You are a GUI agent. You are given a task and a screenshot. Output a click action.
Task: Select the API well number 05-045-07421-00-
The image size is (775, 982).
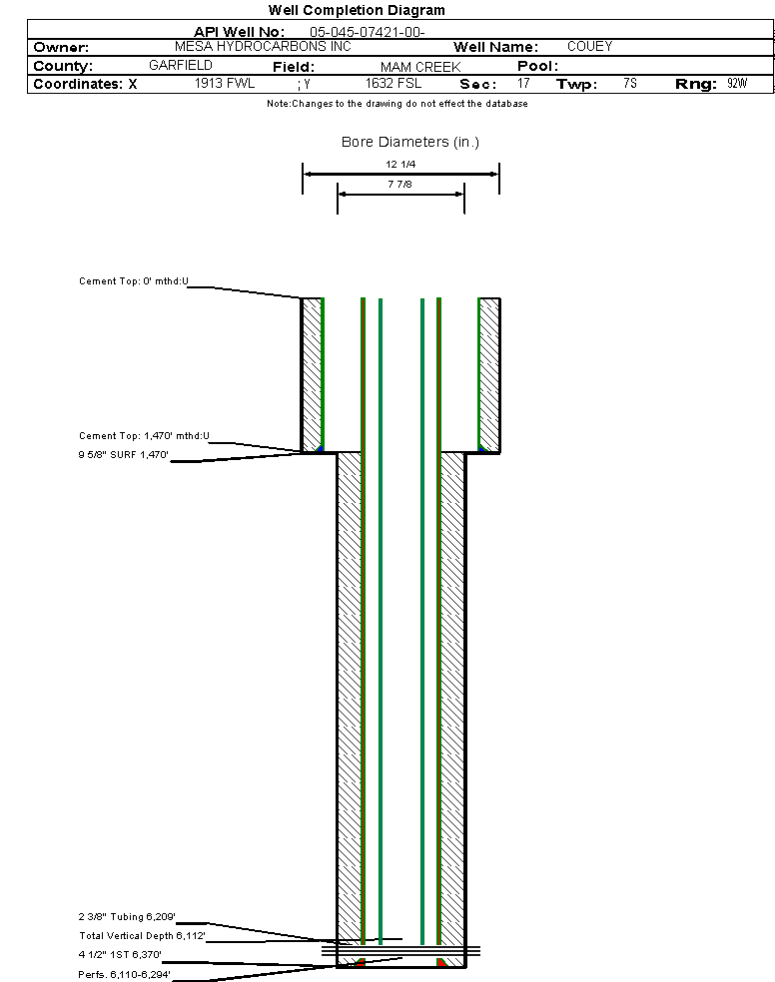point(368,32)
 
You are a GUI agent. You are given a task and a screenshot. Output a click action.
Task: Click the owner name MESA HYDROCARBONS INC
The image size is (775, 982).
point(263,47)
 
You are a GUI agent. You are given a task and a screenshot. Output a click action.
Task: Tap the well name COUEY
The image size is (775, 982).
point(589,47)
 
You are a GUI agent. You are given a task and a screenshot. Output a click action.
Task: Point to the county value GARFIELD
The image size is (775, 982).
point(181,65)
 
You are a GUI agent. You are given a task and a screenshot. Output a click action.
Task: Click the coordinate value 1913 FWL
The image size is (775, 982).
point(225,84)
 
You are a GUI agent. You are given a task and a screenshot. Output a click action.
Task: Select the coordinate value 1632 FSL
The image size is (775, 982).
point(393,84)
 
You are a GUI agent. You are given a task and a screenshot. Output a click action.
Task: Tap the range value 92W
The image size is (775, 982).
point(737,84)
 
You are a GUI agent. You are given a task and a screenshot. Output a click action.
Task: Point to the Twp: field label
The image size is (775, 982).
point(576,85)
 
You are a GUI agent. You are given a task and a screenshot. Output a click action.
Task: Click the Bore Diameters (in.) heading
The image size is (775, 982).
point(410,142)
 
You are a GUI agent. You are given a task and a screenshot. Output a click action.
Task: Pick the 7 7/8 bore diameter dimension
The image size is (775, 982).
point(401,184)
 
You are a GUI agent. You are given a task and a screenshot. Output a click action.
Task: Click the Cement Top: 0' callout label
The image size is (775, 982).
point(134,281)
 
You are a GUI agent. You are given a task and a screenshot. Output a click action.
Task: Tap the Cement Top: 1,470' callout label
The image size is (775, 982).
point(144,436)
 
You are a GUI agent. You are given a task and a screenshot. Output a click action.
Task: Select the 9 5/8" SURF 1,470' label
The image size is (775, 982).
point(124,455)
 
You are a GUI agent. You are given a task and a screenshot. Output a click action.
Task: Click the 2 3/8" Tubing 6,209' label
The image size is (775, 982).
point(127,916)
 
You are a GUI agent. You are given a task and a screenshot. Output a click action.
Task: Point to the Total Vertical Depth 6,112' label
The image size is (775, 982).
point(142,936)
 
